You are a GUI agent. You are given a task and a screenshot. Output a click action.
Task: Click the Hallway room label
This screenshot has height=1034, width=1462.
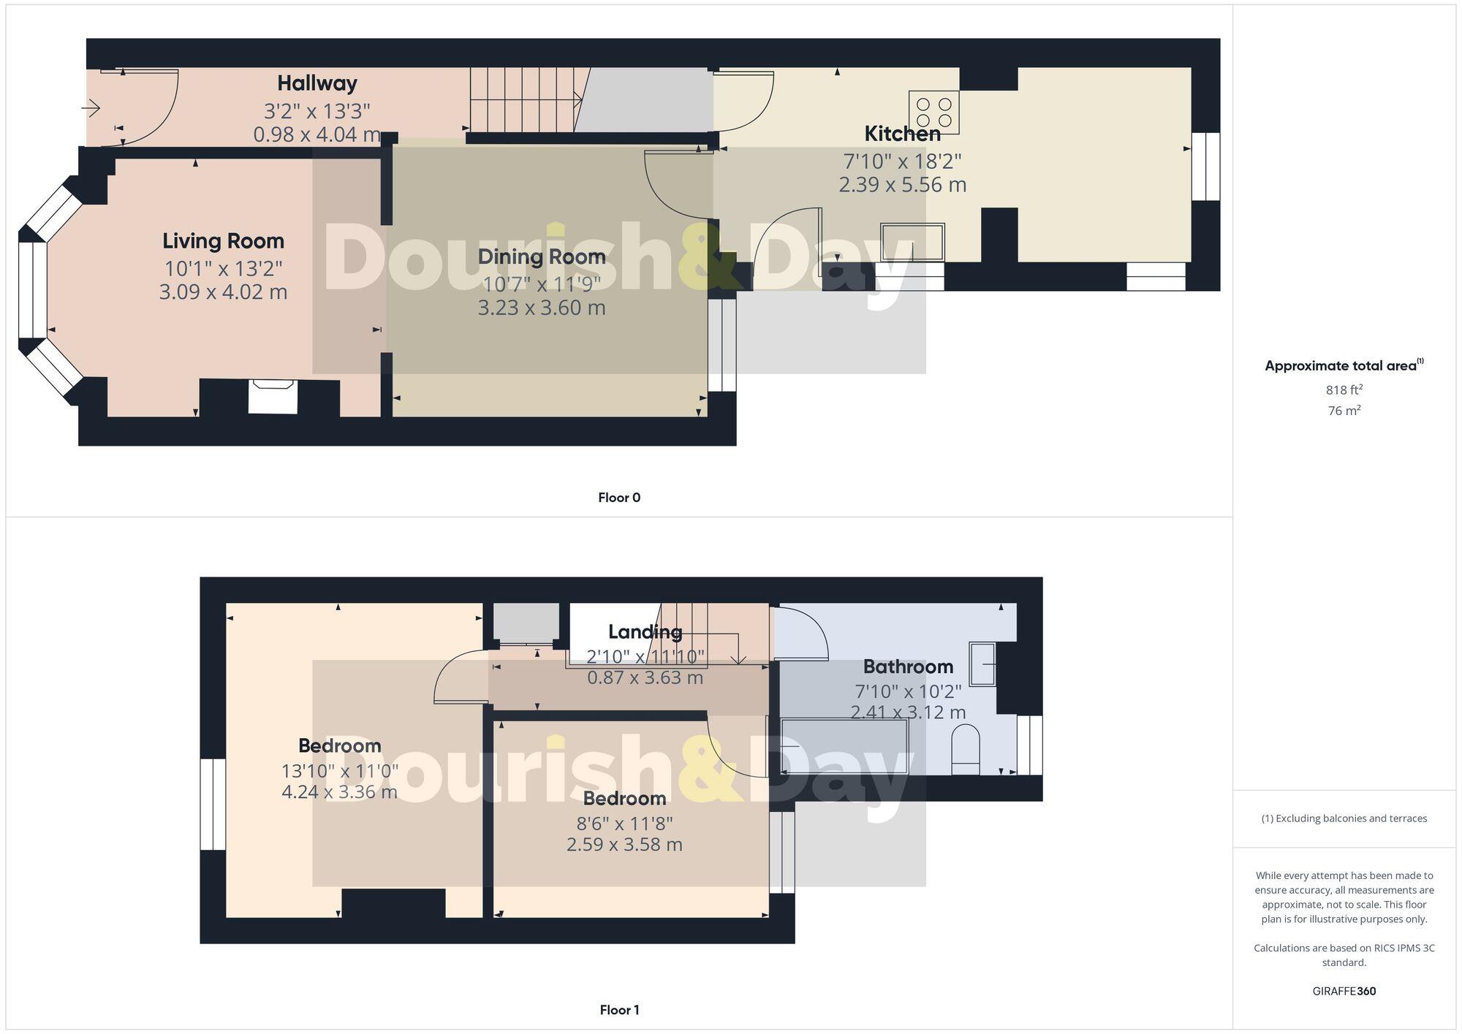317,83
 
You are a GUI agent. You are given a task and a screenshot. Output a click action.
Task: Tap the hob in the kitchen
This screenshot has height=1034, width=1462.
933,112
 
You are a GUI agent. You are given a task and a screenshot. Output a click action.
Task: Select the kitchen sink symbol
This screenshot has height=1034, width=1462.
912,242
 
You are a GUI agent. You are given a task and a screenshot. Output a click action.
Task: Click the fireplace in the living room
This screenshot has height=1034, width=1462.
273,397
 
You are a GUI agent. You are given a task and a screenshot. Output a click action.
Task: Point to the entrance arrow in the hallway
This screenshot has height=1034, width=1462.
91,109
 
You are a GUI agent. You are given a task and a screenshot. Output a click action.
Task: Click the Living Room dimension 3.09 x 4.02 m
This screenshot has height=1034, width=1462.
223,292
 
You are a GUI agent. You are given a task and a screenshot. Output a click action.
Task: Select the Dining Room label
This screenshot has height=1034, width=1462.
541,256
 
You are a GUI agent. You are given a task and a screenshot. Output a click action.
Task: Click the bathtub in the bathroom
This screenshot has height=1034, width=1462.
844,746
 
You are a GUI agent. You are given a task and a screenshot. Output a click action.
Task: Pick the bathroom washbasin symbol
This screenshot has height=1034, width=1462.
982,664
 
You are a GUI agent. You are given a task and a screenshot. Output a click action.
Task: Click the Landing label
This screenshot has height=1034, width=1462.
645,631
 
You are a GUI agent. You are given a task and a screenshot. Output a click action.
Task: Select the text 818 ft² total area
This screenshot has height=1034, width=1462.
1344,389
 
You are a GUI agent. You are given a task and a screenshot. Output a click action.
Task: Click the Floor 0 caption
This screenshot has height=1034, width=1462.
618,498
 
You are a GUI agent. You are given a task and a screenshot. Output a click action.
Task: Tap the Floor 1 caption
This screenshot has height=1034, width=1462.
618,1010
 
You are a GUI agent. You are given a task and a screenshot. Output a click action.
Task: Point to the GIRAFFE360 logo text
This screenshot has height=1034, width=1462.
1344,991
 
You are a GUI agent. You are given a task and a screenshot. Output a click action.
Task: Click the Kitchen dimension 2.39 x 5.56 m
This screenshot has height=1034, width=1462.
902,184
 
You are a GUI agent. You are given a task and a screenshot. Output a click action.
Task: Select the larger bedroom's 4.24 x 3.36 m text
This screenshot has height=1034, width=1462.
339,791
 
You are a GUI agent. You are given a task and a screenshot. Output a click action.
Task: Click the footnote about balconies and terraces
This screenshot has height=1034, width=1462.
1344,818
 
